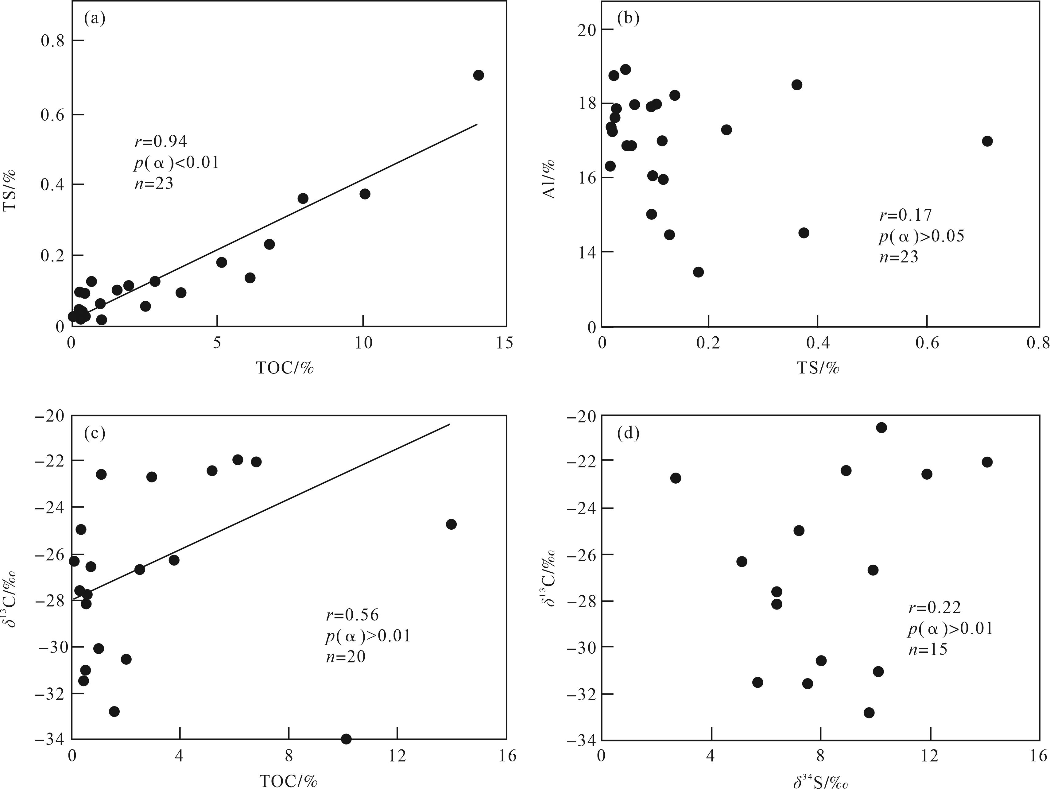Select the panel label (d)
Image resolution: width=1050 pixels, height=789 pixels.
click(x=628, y=433)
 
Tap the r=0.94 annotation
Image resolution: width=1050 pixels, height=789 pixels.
click(x=161, y=141)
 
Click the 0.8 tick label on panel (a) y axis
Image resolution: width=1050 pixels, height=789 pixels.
click(x=53, y=41)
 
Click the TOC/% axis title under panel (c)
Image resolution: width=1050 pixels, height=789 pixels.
click(x=288, y=781)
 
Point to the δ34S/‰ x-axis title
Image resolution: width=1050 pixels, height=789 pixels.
click(x=820, y=781)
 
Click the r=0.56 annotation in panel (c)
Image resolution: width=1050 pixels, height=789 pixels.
click(x=352, y=615)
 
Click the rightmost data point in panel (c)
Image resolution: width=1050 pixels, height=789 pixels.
click(x=451, y=524)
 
